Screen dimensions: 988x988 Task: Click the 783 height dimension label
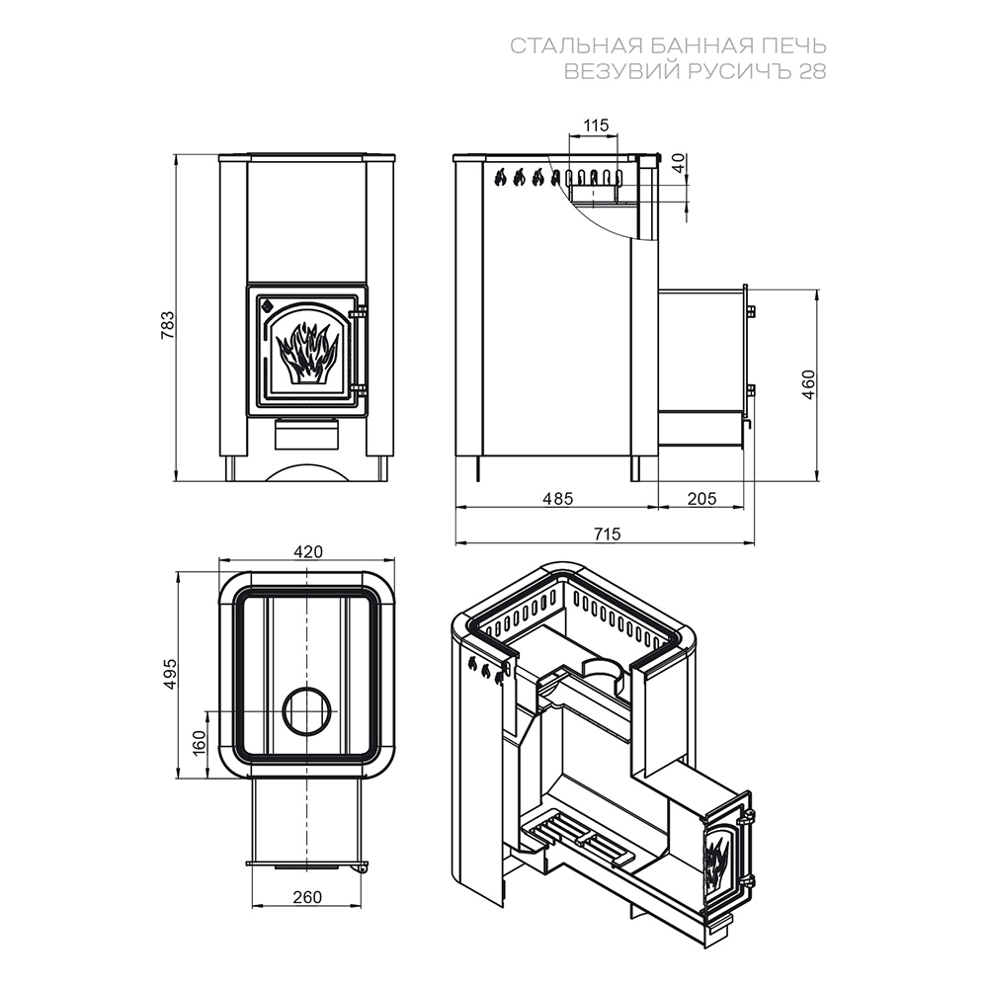[x=168, y=325]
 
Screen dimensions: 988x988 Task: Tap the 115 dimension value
[x=596, y=125]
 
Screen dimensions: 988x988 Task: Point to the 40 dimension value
[x=678, y=164]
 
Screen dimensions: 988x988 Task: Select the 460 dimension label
[x=808, y=384]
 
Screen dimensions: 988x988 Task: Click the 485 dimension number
[x=558, y=498]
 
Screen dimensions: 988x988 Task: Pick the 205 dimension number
[x=701, y=498]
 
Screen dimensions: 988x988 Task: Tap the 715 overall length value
[x=607, y=534]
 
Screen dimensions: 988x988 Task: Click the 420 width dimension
[x=308, y=551]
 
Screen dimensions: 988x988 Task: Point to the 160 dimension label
[x=200, y=743]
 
